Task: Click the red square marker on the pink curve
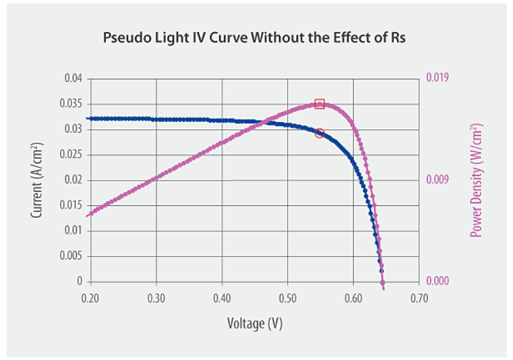[x=320, y=104]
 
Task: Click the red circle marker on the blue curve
[x=320, y=133]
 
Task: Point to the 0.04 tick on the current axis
[x=73, y=79]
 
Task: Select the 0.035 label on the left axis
[x=71, y=104]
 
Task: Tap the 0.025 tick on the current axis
[x=71, y=155]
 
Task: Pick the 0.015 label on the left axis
[x=71, y=205]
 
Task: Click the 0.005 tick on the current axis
[x=71, y=256]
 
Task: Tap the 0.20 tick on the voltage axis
[x=90, y=297]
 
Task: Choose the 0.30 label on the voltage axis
[x=156, y=297]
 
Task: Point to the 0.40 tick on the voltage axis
[x=222, y=297]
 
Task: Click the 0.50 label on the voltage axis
[x=288, y=297]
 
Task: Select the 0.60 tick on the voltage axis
[x=353, y=297]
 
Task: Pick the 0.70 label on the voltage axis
[x=419, y=297]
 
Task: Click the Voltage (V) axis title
[x=255, y=324]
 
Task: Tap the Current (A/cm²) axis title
[x=38, y=180]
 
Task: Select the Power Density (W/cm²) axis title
[x=476, y=180]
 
